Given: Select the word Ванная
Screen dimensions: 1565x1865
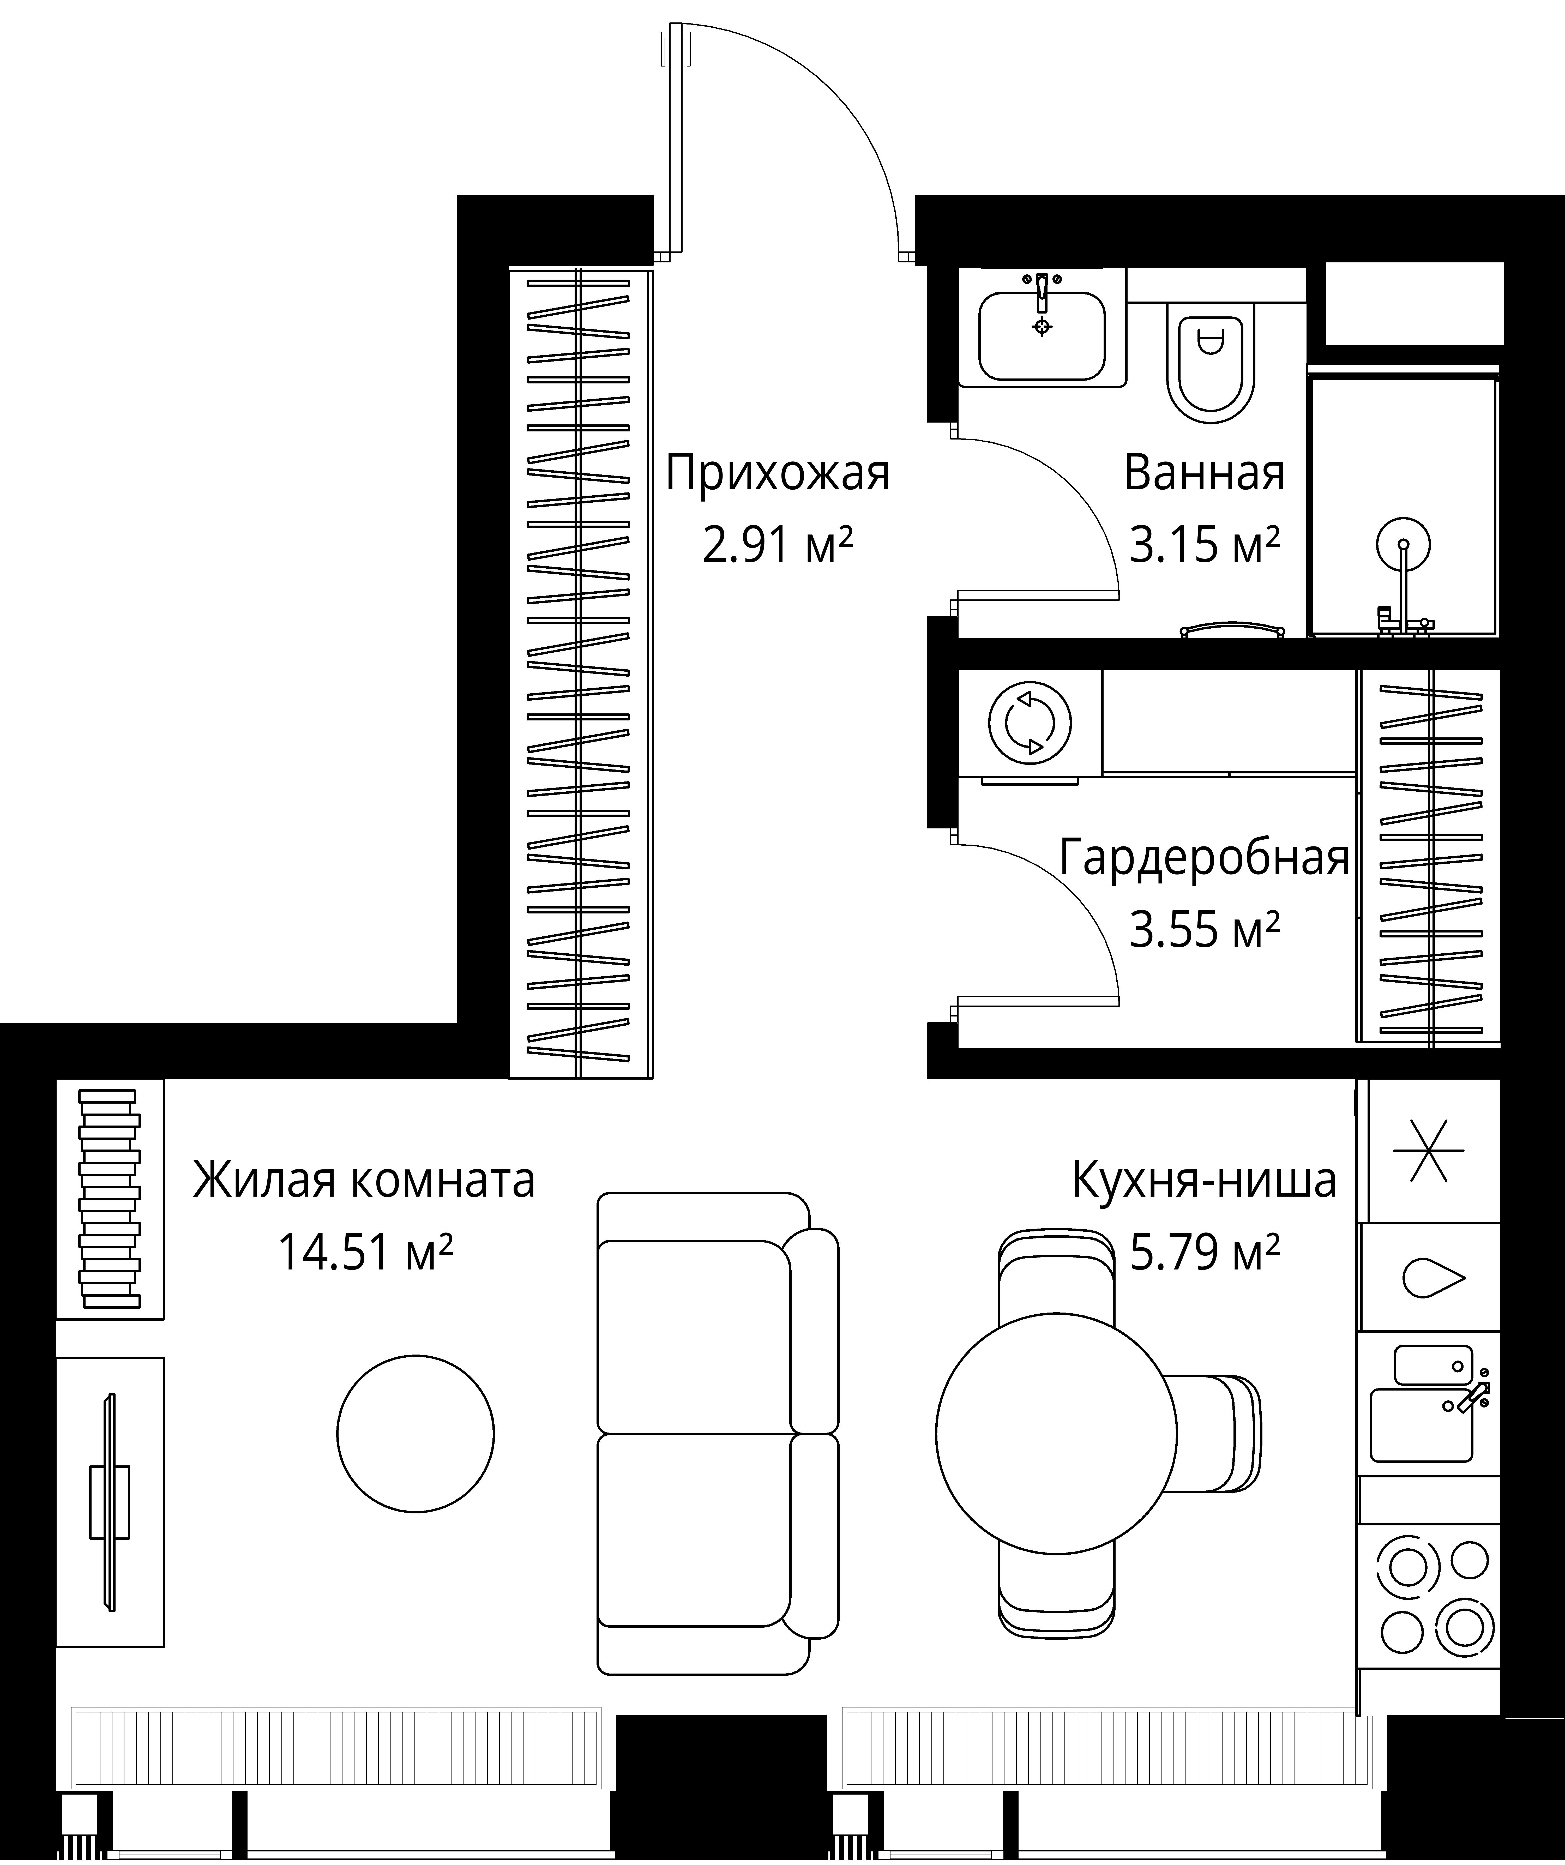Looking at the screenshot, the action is click(x=1204, y=473).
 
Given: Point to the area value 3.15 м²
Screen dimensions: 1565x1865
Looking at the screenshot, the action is click(x=1204, y=545).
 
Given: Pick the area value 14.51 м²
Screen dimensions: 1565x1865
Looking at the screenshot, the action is click(x=366, y=1252).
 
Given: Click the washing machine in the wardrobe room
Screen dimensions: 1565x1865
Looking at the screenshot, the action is click(x=1030, y=723).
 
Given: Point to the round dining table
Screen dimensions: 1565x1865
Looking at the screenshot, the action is click(x=1056, y=1433).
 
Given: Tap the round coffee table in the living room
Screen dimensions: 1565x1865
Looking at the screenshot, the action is click(x=416, y=1433).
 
